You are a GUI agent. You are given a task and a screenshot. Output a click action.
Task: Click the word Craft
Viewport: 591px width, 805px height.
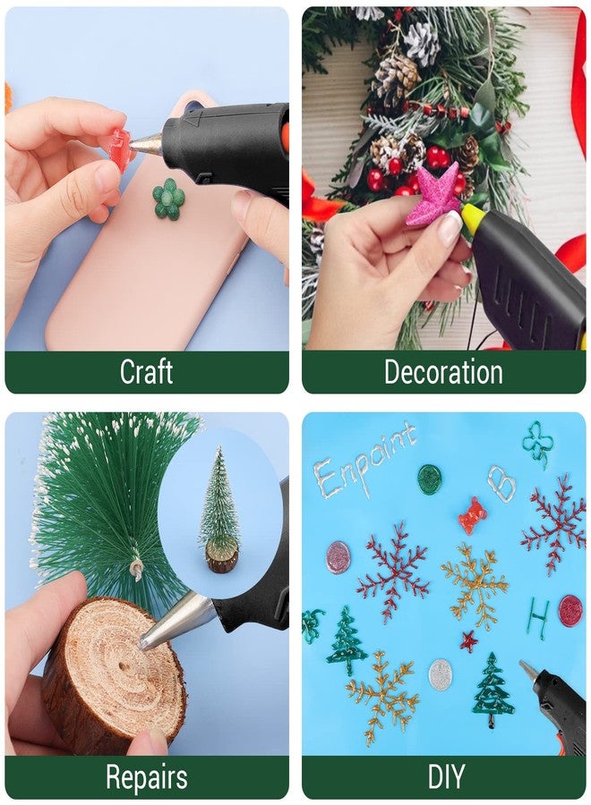pos(147,372)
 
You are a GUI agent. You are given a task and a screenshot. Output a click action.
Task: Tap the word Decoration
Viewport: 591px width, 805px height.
pos(443,372)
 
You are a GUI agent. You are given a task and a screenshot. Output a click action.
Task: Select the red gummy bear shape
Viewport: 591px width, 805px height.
pos(472,515)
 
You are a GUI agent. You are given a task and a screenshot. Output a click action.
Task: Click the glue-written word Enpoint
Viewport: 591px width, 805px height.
pos(364,461)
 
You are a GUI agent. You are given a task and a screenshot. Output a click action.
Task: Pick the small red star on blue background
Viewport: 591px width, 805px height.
pos(468,641)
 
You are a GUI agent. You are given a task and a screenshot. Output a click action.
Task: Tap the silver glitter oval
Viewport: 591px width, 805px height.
pos(441,675)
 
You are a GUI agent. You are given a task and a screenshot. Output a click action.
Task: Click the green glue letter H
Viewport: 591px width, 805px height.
pos(538,618)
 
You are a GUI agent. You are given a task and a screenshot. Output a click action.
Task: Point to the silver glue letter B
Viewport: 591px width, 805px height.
pos(501,483)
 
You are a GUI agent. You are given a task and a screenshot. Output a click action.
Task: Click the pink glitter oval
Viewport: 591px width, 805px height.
pos(338,556)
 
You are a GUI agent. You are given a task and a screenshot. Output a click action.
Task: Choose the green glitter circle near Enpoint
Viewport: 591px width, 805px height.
pos(430,479)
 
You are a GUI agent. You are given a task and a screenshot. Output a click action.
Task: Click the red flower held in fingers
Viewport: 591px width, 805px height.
pos(119,148)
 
